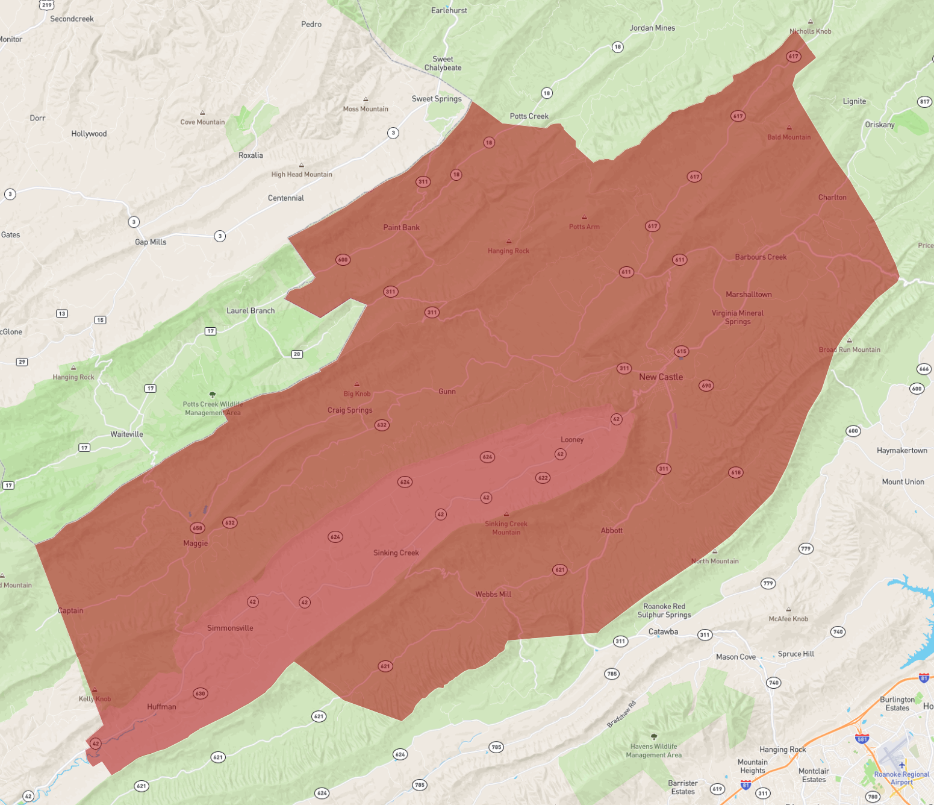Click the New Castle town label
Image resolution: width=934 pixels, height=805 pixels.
[x=661, y=377]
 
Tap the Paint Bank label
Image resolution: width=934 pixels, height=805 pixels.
[x=401, y=228]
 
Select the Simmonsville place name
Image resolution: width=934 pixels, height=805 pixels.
[x=230, y=628]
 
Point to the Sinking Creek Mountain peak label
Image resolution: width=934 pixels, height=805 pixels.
[x=506, y=528]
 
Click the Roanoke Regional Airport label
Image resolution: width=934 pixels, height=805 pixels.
[x=901, y=778]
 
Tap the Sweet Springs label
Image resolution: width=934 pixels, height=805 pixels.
[x=437, y=99]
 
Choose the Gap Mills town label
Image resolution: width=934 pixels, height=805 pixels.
[x=151, y=242]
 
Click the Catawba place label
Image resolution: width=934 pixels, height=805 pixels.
[x=663, y=632]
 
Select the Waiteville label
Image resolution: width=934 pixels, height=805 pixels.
[x=126, y=434]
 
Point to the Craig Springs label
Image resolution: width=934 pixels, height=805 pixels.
[x=350, y=410]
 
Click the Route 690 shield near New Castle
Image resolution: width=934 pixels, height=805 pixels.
[x=706, y=386]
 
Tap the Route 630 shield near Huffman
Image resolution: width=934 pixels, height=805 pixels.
[x=200, y=694]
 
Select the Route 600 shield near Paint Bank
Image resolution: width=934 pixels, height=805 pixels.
[x=343, y=260]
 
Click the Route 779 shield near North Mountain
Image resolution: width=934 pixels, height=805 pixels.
[x=806, y=549]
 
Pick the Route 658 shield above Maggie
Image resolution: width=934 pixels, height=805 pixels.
[x=197, y=528]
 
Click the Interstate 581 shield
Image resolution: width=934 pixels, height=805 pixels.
[x=862, y=739]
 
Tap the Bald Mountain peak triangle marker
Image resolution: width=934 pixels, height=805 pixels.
[x=789, y=128]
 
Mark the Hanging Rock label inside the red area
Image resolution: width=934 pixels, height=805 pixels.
[x=508, y=251]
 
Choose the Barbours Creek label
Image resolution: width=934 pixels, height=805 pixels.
[x=761, y=257]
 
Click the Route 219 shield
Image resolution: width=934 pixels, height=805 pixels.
[x=47, y=5]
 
